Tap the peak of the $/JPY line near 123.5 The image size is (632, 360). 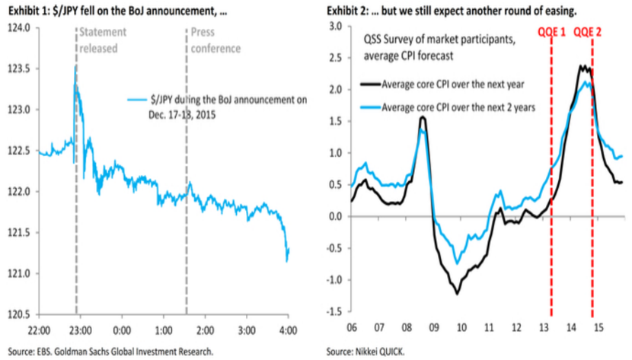[75, 67]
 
